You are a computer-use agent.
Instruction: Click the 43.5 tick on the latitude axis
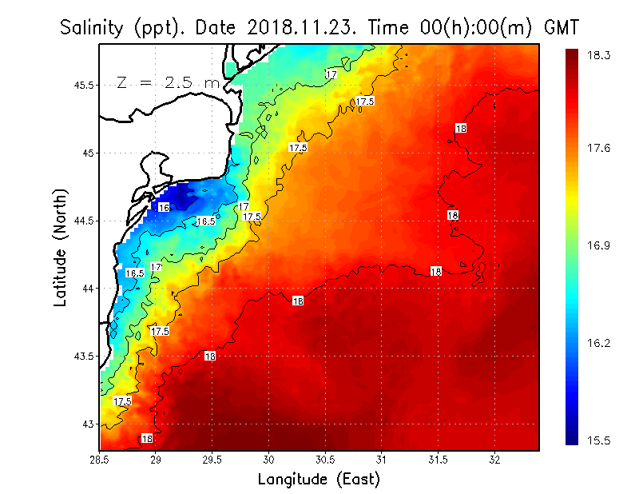(x=82, y=356)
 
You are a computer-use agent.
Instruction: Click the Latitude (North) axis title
(x=61, y=247)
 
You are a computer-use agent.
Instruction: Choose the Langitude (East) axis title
(x=319, y=480)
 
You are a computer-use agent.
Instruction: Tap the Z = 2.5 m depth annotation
(x=168, y=82)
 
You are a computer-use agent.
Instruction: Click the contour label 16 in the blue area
(x=163, y=208)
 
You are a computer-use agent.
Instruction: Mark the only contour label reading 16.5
(x=205, y=221)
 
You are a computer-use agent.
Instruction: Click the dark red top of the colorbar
(x=571, y=54)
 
